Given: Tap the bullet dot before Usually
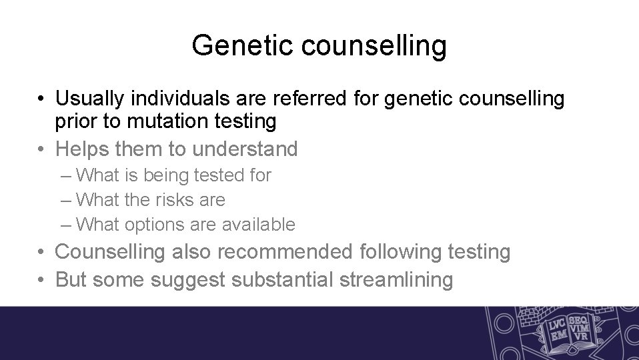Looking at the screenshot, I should point(42,100).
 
